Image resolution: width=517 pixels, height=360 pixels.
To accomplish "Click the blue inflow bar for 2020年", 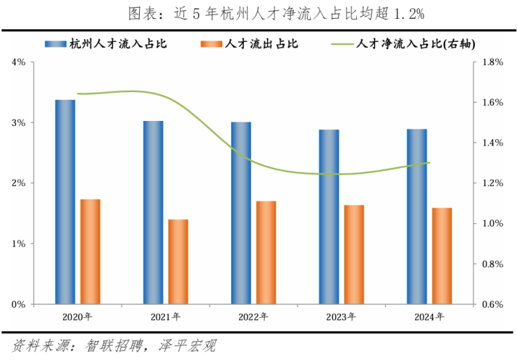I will [x=65, y=202].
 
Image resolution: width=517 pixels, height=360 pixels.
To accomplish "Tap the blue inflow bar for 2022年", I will [x=241, y=213].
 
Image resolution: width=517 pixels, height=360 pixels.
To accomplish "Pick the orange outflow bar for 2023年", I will [x=354, y=254].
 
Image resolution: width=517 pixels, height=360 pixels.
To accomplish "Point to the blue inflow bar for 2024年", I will [x=417, y=217].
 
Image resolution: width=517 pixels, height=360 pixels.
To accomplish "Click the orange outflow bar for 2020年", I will [x=90, y=252].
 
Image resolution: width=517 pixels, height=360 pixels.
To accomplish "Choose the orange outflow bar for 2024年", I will [x=442, y=256].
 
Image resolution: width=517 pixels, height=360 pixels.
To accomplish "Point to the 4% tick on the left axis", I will [x=19, y=62].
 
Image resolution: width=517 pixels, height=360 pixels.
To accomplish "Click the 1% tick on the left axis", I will [x=19, y=244].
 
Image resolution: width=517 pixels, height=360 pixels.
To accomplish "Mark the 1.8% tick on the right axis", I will [x=493, y=62].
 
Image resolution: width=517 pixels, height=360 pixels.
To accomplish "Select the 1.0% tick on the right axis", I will [x=493, y=224].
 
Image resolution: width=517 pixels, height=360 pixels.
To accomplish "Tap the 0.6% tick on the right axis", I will [x=493, y=305].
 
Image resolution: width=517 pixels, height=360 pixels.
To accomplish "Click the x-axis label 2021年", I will [x=166, y=317].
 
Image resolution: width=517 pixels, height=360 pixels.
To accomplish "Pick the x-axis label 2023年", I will [x=342, y=317].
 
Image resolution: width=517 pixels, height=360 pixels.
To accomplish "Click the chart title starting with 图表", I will [x=258, y=14].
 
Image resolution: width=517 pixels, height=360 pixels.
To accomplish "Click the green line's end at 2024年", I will [x=429, y=163].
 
